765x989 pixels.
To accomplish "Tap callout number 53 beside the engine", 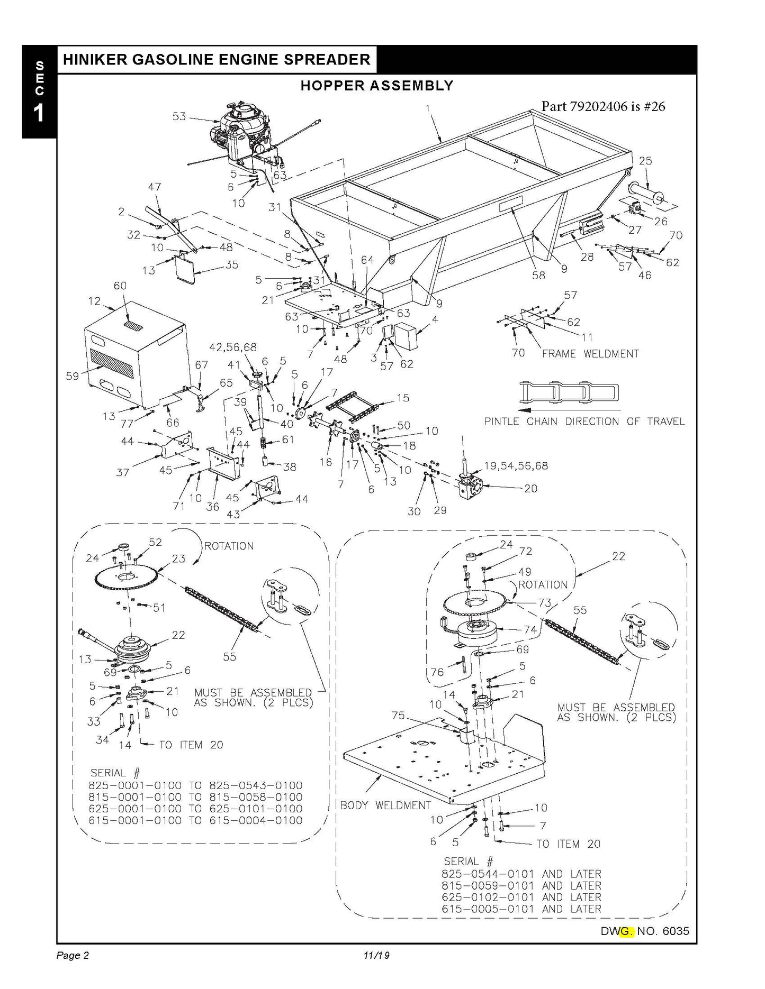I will coord(179,116).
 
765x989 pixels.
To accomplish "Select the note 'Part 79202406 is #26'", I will coord(603,106).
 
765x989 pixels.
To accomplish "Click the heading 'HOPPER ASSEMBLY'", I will coord(377,86).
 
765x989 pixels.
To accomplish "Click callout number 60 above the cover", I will coord(120,286).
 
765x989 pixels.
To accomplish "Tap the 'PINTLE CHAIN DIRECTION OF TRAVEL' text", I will coord(584,422).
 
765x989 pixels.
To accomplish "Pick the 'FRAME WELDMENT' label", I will coord(590,353).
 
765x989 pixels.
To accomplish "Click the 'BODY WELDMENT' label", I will coord(385,805).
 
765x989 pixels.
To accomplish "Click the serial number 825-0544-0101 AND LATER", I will coord(521,874).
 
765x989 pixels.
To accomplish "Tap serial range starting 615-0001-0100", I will coord(195,820).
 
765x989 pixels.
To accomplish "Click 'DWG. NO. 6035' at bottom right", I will coord(645,931).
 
